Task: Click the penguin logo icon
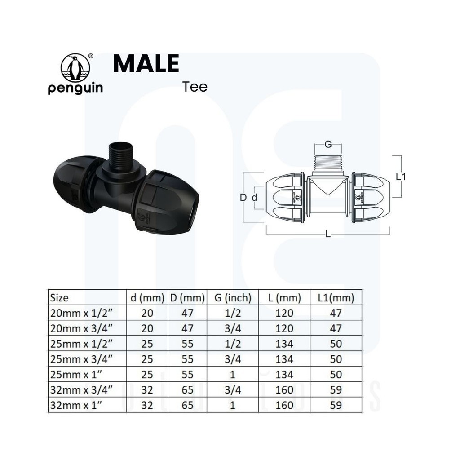[75, 67]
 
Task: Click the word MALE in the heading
[146, 63]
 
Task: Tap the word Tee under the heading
[195, 87]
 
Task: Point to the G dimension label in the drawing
[328, 144]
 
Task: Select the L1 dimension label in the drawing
[401, 177]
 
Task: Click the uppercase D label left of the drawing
[243, 198]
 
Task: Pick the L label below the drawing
[328, 234]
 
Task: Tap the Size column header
[59, 298]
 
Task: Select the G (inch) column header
[233, 298]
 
